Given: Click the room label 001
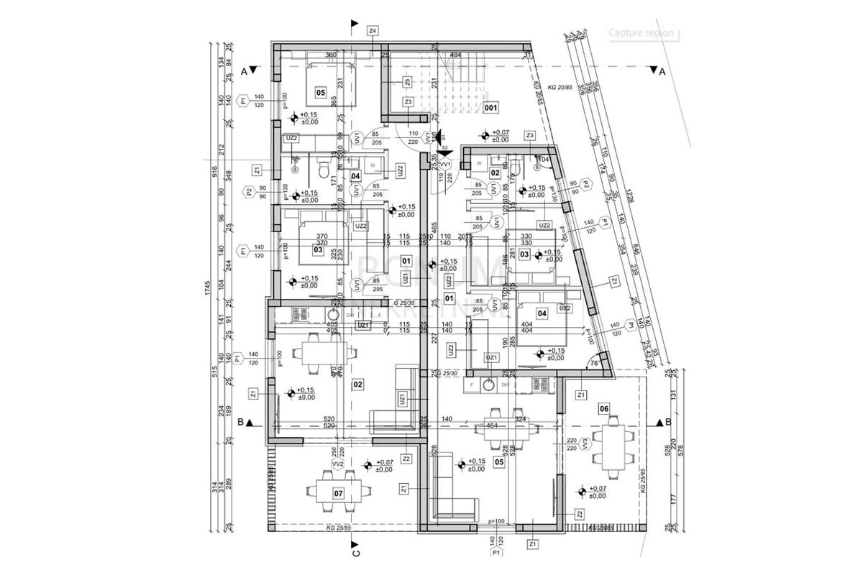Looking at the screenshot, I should tap(492, 108).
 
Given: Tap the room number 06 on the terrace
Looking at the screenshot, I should tap(604, 408).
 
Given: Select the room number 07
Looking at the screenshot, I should tap(339, 493).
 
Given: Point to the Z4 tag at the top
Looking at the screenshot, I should tap(372, 31).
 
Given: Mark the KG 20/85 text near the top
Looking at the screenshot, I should tap(559, 87).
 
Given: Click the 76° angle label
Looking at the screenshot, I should tap(594, 363).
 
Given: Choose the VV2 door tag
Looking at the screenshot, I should tap(336, 465).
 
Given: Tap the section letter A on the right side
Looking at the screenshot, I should tap(662, 71).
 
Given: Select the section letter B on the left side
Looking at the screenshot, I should tap(239, 423).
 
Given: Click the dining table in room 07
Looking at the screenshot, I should tap(338, 492).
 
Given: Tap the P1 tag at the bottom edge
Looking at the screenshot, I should tap(496, 554).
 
